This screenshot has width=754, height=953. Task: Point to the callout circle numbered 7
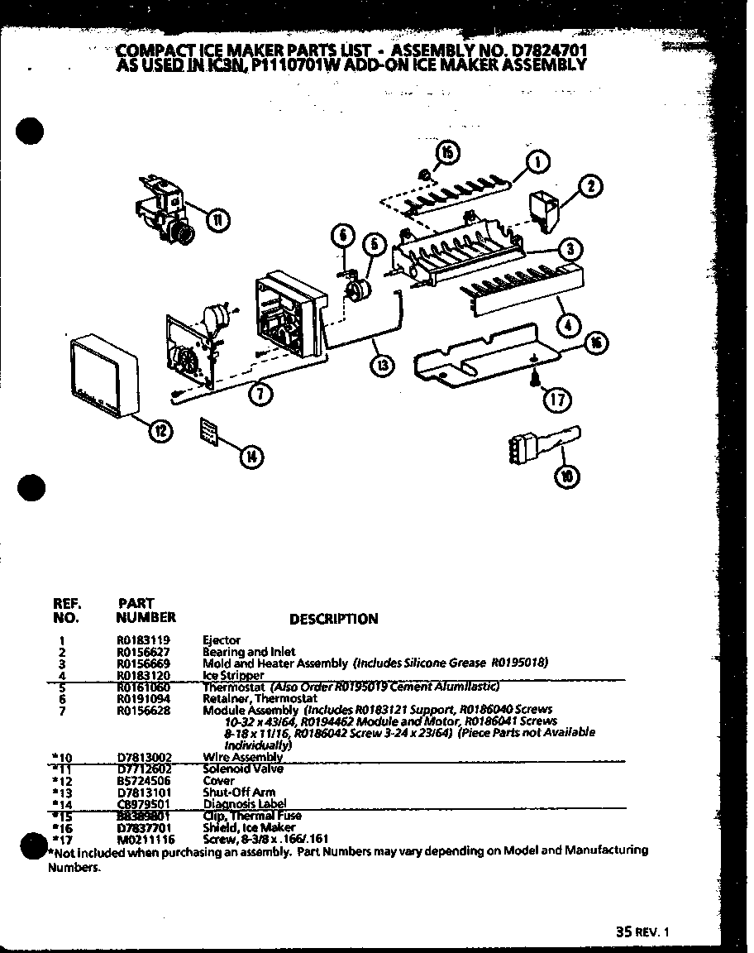[x=260, y=395]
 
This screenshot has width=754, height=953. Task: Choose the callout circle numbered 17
[x=556, y=400]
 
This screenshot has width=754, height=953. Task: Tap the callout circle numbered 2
[x=590, y=187]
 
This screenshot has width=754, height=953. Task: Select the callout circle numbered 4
[x=566, y=325]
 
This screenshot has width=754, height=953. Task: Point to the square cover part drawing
[x=103, y=375]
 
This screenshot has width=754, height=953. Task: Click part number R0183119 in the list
[x=137, y=640]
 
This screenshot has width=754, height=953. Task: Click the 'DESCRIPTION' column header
[x=334, y=619]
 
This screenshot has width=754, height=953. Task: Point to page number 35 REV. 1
[x=641, y=931]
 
